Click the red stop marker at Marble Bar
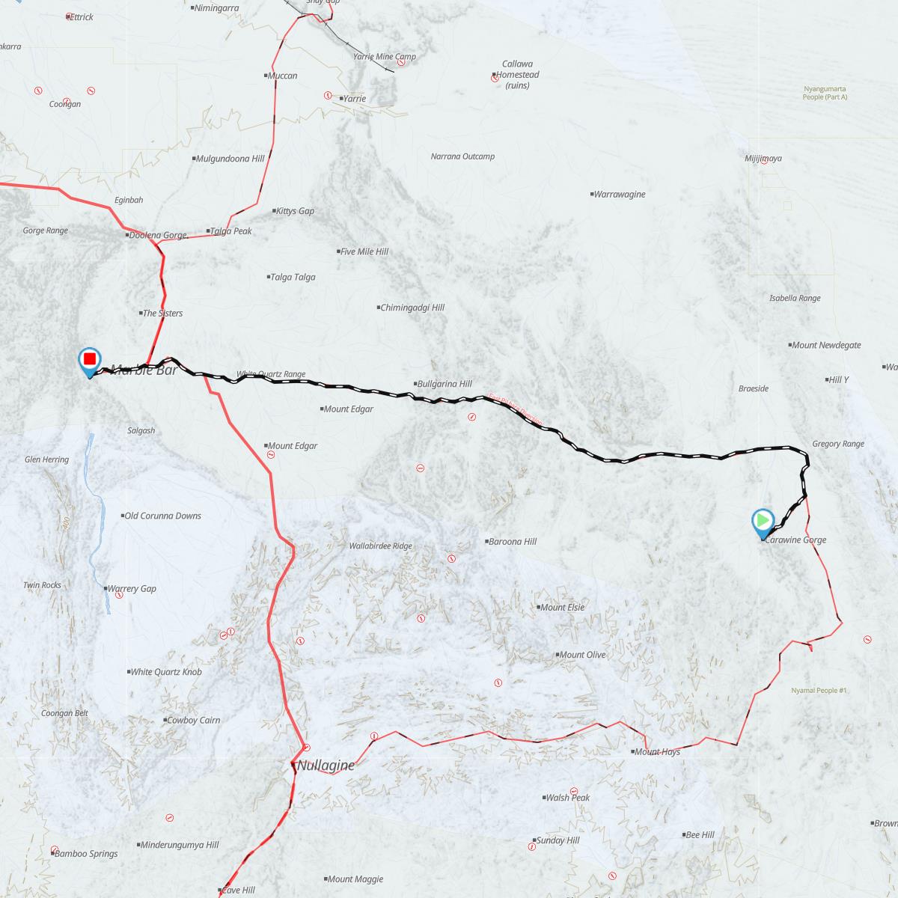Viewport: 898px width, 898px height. click(x=90, y=360)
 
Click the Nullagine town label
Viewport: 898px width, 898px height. click(x=326, y=766)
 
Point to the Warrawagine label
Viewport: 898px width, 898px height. click(x=619, y=195)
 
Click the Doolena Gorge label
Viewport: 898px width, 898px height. click(x=157, y=235)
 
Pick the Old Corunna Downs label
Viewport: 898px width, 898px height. click(x=162, y=516)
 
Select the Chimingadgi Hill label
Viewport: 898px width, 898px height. click(x=412, y=308)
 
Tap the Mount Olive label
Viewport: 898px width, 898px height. click(x=582, y=655)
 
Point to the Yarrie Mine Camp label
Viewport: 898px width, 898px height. click(x=384, y=57)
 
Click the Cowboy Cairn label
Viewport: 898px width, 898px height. click(x=193, y=720)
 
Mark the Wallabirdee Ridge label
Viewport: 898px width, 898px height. click(x=380, y=546)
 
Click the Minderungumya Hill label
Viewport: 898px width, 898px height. click(x=180, y=845)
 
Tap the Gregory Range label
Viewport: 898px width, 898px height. click(x=837, y=444)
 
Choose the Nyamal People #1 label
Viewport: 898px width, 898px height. click(x=819, y=691)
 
